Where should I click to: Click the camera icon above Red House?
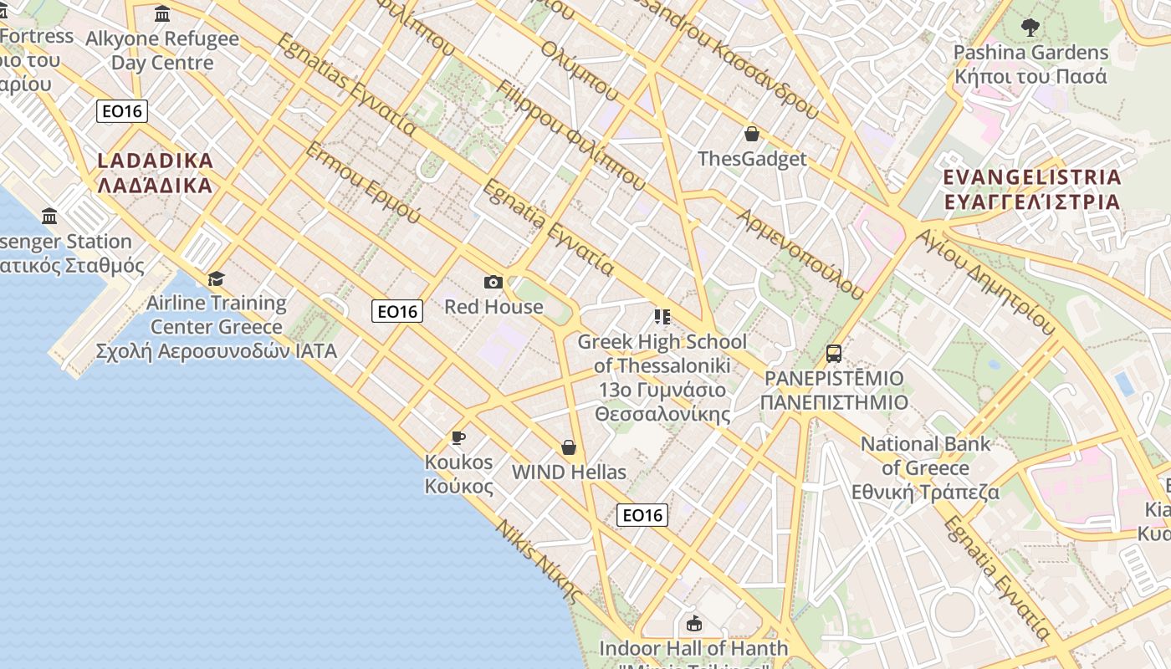[x=493, y=283]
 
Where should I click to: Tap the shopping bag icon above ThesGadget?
[x=752, y=134]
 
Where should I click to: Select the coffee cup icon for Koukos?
[x=458, y=437]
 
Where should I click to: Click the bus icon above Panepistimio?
[x=834, y=354]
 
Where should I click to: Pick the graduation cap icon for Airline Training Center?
[x=217, y=278]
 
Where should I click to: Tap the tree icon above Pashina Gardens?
[x=1030, y=28]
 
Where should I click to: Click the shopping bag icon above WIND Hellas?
[x=569, y=447]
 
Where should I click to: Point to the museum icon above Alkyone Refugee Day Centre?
[x=162, y=14]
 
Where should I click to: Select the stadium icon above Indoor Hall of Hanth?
[x=693, y=623]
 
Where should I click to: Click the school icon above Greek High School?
[x=662, y=317]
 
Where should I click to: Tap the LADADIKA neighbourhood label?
[x=156, y=172]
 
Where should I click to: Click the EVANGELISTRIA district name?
[x=1031, y=189]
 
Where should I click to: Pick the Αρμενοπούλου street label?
[x=799, y=253]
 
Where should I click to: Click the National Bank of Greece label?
[x=925, y=467]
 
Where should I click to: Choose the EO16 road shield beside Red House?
[x=397, y=312]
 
